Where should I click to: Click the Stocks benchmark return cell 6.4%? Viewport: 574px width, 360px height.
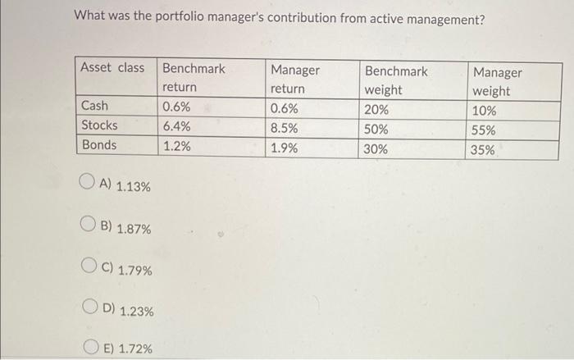pos(176,126)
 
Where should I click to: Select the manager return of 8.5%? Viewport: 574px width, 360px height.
pos(285,129)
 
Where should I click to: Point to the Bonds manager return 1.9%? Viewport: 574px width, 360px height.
pos(285,148)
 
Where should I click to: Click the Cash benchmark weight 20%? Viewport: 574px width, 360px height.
pos(378,110)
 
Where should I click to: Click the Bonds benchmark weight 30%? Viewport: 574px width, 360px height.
pos(378,149)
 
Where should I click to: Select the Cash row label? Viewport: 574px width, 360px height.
pos(94,106)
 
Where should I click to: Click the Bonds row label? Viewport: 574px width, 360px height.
pos(98,145)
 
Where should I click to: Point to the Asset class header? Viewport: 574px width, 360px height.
pos(112,68)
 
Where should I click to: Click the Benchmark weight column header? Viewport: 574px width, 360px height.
pos(396,80)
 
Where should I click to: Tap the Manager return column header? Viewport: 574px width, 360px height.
pos(295,80)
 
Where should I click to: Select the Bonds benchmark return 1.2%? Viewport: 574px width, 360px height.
pos(176,146)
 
